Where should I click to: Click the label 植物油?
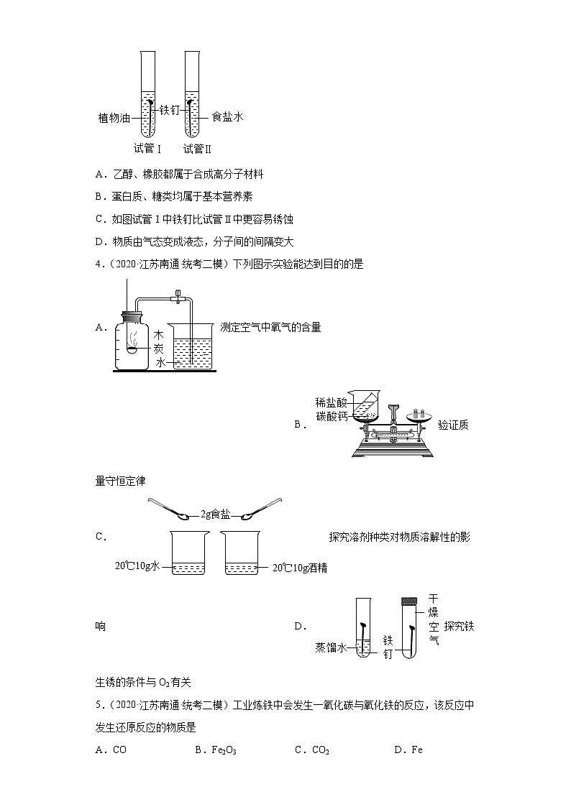point(114,118)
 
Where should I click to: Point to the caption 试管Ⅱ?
point(198,149)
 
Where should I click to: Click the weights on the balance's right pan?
point(417,412)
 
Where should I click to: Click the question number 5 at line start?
point(99,705)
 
